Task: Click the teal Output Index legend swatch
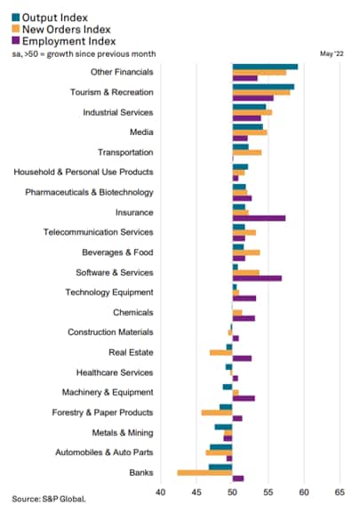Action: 16,18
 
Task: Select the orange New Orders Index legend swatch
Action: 16,29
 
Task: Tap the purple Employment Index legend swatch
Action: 16,41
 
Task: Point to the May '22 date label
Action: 332,53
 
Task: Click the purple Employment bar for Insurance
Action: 259,218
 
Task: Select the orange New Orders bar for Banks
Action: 204,473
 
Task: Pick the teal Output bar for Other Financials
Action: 265,67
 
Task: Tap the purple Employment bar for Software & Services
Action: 257,278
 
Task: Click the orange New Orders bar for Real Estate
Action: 221,353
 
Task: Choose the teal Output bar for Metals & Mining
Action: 223,427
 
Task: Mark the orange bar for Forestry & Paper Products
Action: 217,413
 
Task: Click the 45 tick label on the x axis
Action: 196,492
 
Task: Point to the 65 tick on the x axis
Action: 340,492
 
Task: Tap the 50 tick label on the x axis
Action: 232,492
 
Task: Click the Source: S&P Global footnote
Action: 49,499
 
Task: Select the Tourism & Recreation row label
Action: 112,92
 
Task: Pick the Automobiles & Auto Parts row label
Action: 104,453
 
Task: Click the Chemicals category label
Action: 133,312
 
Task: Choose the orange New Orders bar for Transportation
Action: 247,152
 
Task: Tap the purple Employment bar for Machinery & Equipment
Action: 244,398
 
